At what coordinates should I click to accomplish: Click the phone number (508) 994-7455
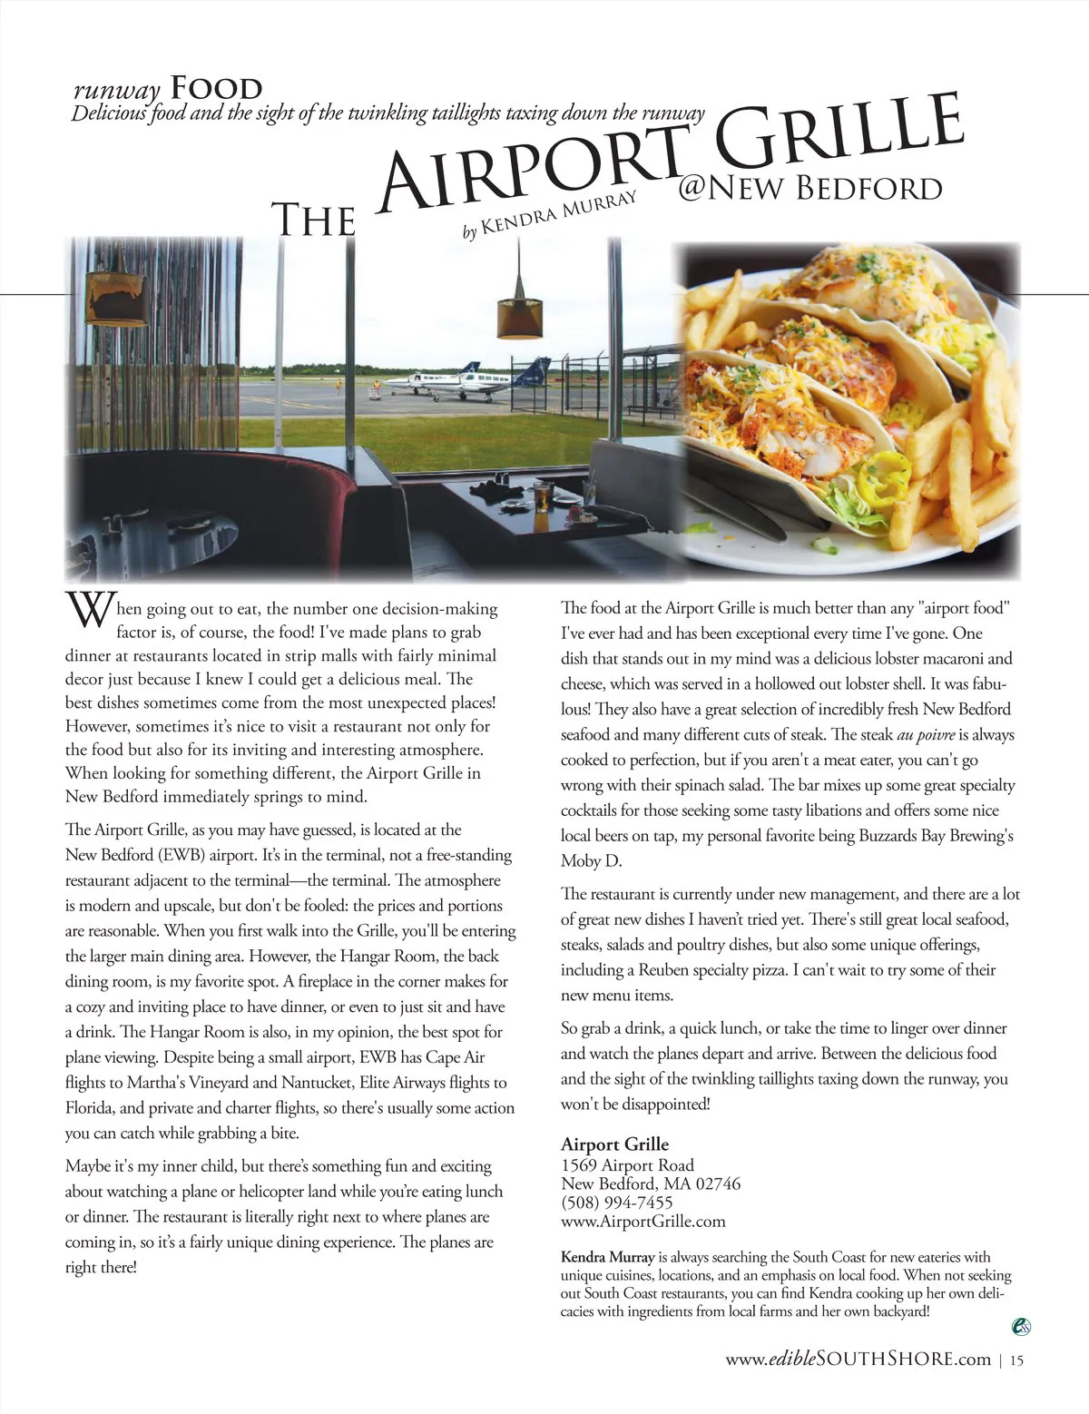[x=617, y=1203]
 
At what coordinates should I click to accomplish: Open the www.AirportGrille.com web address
[x=643, y=1222]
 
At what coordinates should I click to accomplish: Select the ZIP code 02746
[x=712, y=1183]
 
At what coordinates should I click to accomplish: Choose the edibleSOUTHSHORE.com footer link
[x=858, y=1359]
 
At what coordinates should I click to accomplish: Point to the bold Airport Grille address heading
[x=614, y=1144]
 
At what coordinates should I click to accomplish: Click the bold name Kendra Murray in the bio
[x=607, y=1258]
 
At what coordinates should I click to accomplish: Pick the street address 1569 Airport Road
[x=627, y=1164]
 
